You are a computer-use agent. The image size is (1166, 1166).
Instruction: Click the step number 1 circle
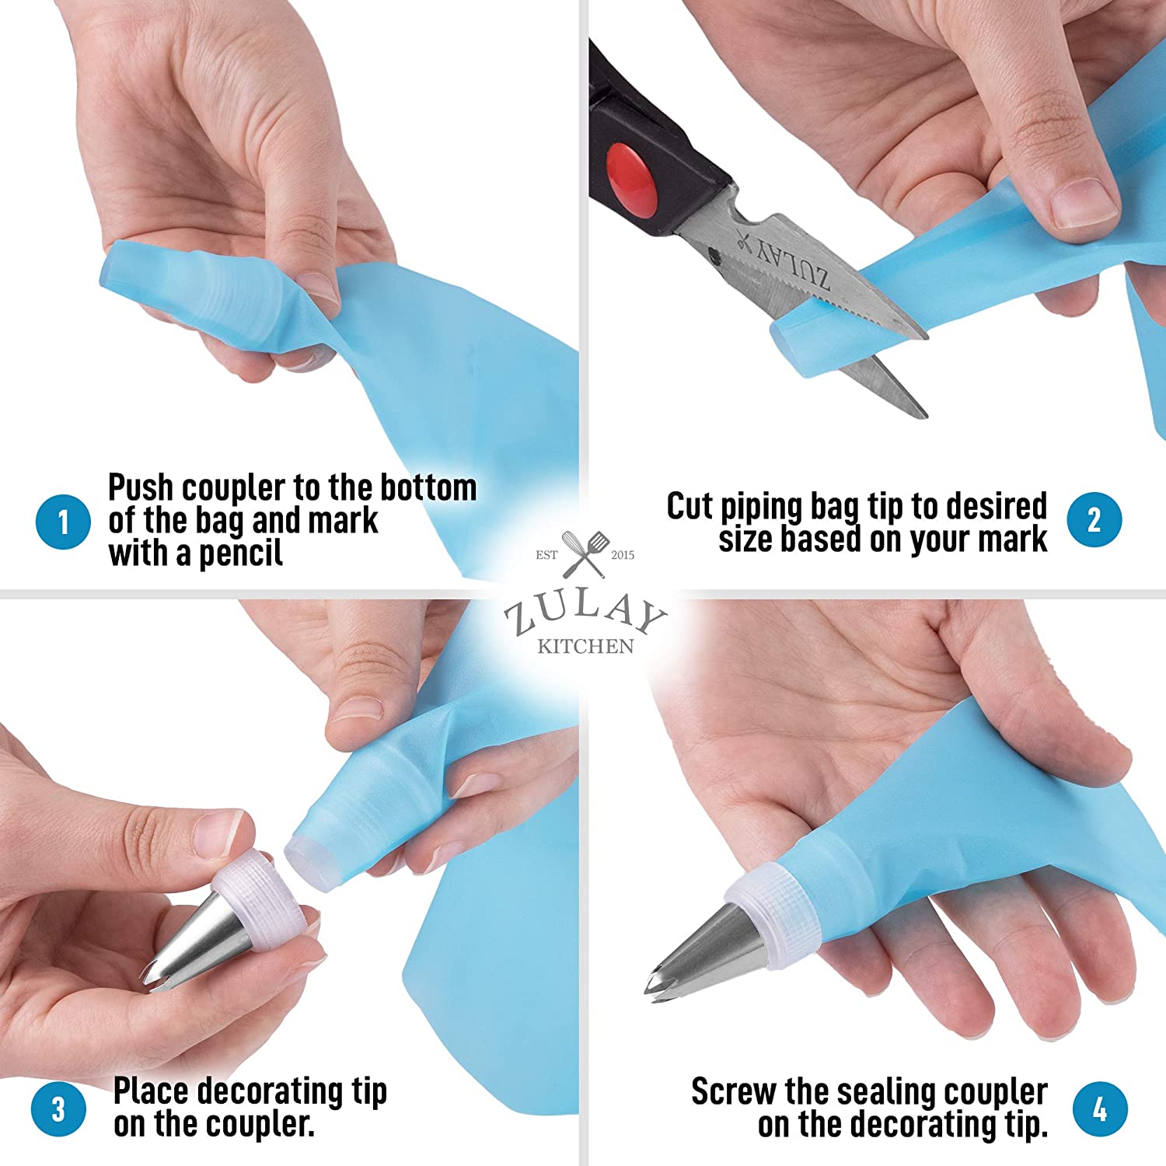(x=64, y=522)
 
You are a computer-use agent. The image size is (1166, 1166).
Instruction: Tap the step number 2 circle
(x=1094, y=520)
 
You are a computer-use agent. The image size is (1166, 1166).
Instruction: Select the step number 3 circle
(x=59, y=1108)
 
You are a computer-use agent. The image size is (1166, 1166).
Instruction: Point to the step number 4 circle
(x=1100, y=1108)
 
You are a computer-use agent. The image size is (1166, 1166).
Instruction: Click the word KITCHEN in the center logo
(x=585, y=646)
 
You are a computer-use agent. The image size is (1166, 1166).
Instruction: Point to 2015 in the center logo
(x=623, y=555)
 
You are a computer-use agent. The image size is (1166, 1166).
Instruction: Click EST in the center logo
(x=546, y=555)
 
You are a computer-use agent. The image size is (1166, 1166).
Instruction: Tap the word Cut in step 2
(x=689, y=506)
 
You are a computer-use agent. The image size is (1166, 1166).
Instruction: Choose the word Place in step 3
(x=151, y=1091)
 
